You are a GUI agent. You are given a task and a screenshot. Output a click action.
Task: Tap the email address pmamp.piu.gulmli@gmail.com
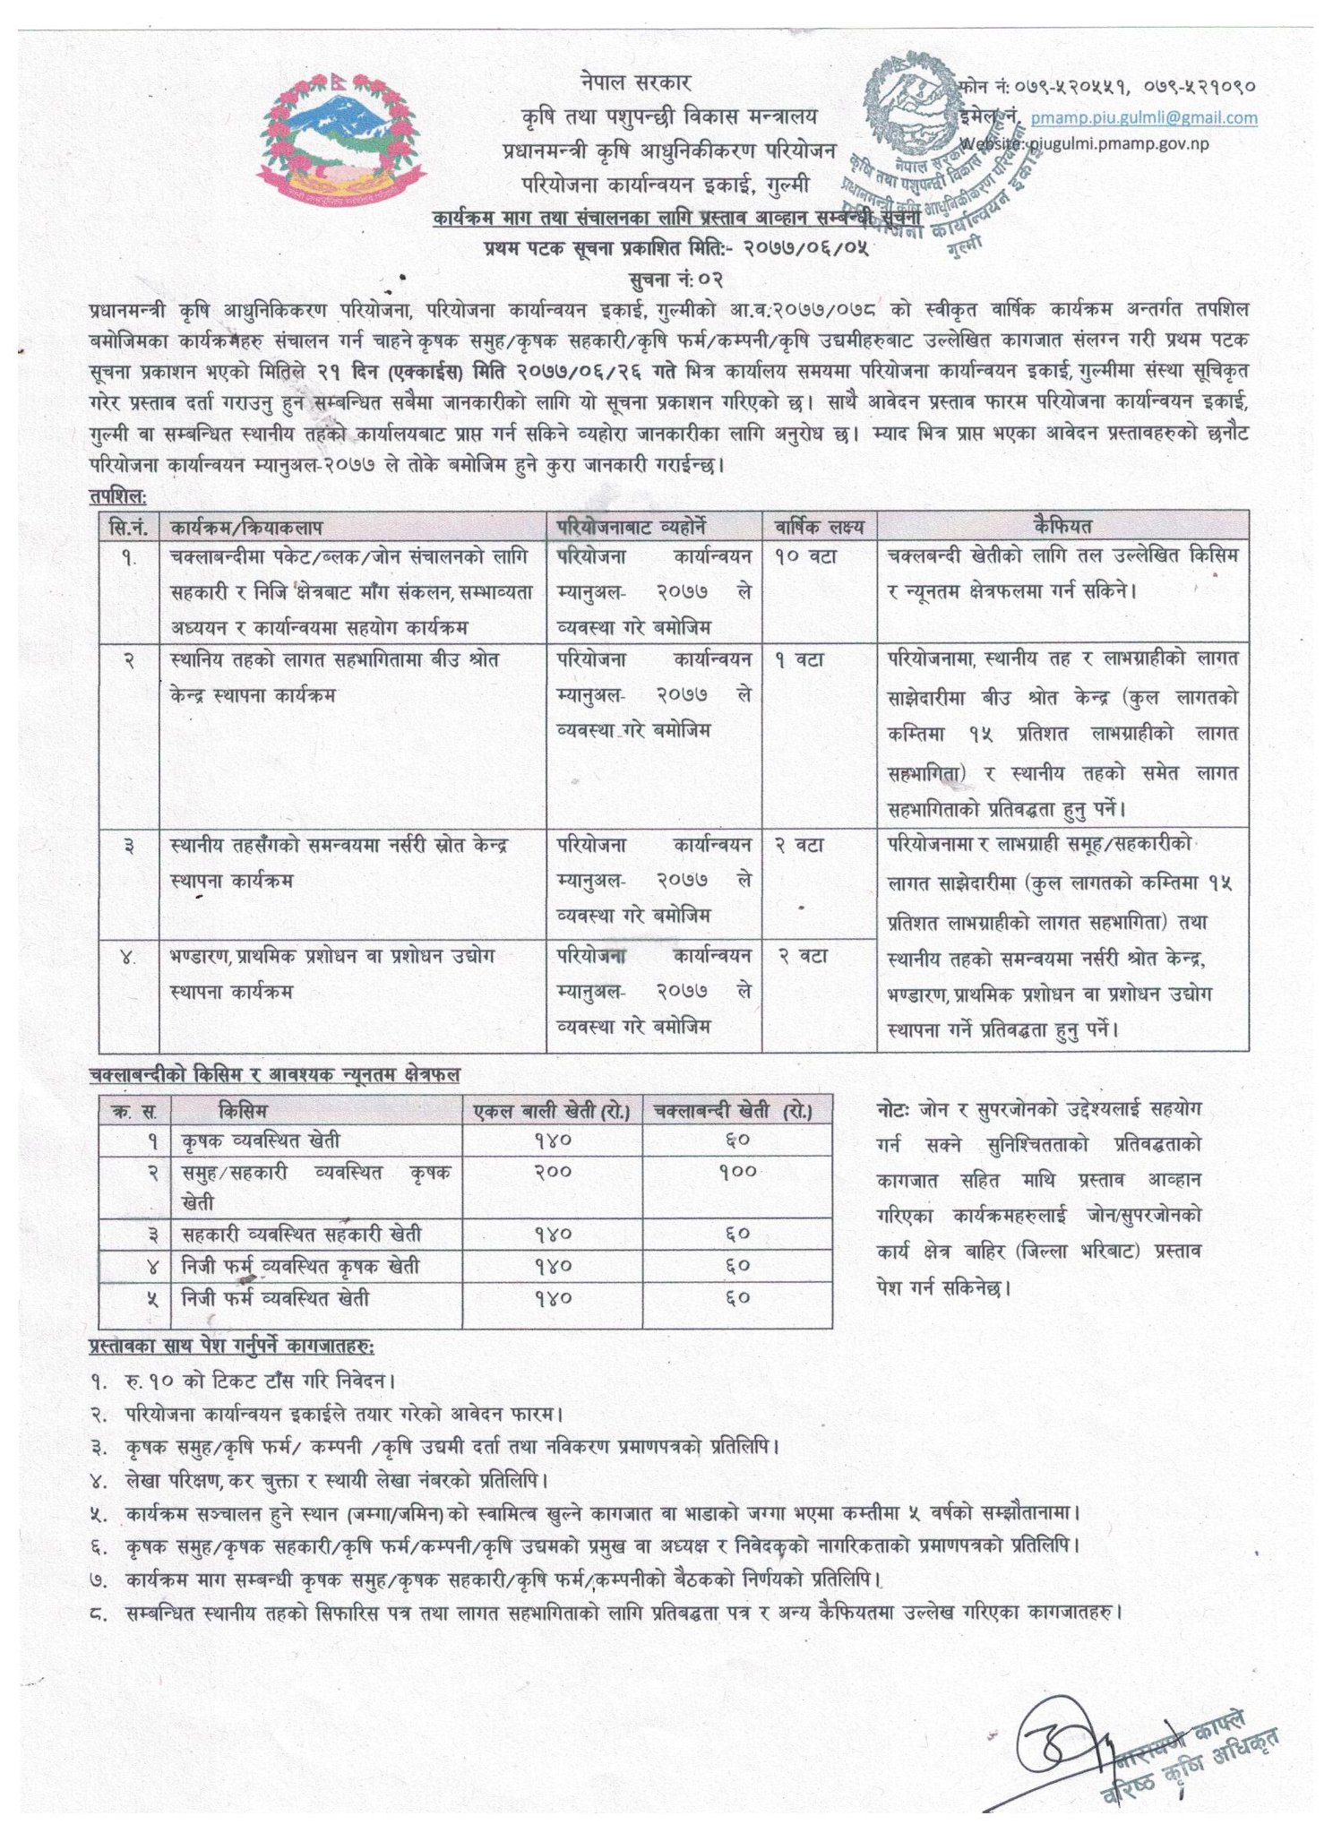click(1143, 117)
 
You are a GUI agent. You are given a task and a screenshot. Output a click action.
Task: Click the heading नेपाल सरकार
click(635, 82)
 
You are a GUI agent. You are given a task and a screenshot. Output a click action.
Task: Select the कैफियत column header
click(1062, 526)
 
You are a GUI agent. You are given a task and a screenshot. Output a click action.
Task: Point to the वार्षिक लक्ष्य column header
click(819, 526)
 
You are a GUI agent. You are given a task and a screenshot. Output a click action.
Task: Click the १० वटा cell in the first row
click(805, 556)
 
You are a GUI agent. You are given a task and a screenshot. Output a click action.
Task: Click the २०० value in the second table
click(553, 1172)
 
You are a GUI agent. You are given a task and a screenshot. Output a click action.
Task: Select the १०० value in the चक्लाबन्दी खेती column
click(737, 1172)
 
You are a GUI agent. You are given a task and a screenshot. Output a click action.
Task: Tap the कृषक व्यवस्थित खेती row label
click(261, 1140)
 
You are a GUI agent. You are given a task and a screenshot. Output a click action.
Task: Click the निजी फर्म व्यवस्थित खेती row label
click(275, 1298)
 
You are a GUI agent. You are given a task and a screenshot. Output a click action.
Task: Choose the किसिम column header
click(243, 1111)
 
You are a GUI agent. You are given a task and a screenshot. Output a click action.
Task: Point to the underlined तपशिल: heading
click(117, 495)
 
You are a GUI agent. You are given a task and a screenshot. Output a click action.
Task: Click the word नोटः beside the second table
click(893, 1110)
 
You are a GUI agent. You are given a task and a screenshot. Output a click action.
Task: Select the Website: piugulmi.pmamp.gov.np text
click(1084, 143)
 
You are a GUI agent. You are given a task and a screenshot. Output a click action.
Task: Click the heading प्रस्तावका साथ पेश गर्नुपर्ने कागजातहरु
click(231, 1347)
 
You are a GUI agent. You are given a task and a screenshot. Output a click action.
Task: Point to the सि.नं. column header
click(129, 526)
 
